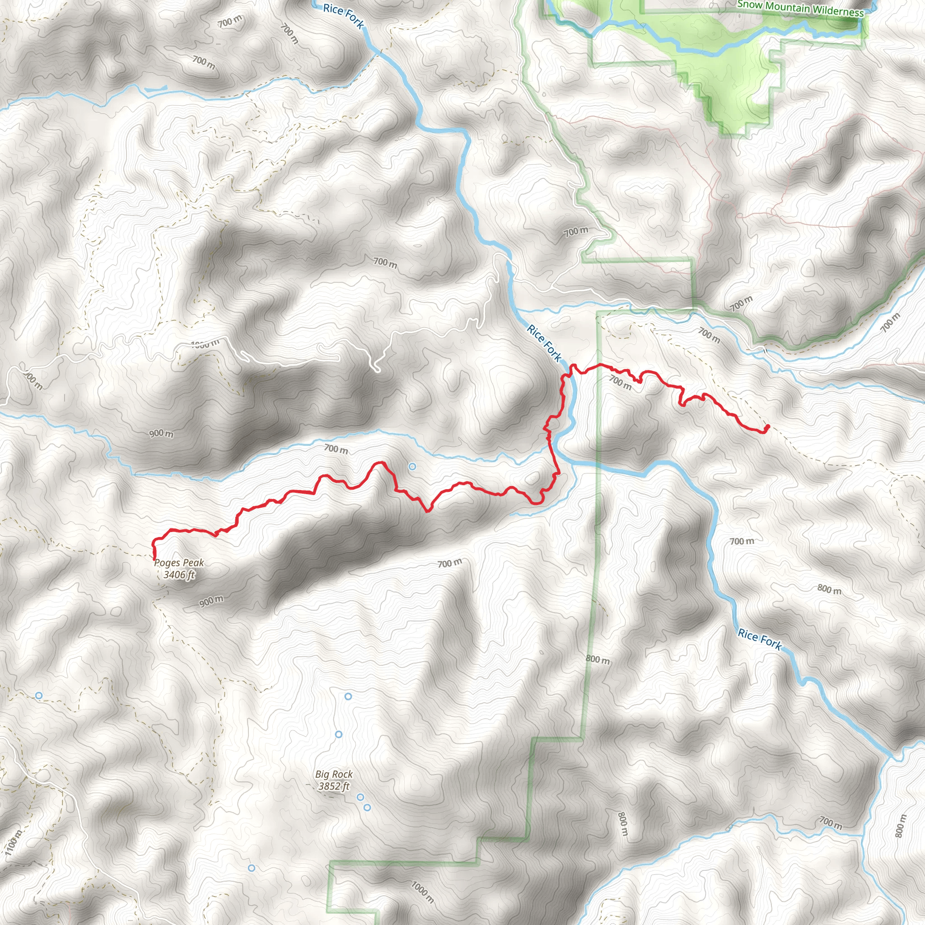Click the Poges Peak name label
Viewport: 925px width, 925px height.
(x=179, y=563)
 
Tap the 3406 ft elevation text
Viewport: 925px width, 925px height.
(x=179, y=575)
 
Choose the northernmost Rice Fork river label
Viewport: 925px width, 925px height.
(x=343, y=15)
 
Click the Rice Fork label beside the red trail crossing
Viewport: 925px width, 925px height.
(x=544, y=342)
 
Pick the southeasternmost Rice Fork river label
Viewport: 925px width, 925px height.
(x=759, y=640)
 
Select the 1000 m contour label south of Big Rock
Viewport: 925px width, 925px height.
(x=422, y=892)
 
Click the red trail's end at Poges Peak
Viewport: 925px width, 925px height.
(x=154, y=559)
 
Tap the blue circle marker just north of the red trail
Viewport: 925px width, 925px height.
(x=412, y=466)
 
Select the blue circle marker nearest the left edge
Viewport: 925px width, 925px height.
(x=39, y=695)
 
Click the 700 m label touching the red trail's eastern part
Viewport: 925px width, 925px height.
(x=620, y=382)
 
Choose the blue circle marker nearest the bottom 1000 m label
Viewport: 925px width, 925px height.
(x=252, y=868)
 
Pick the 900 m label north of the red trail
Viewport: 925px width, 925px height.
(x=161, y=434)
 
